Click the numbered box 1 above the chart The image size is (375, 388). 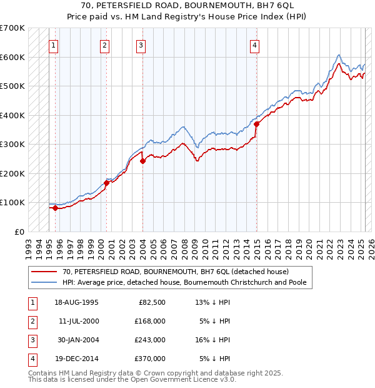point(54,44)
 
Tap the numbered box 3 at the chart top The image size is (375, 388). point(141,44)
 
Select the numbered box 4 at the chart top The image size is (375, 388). point(255,44)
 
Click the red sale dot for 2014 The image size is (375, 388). point(256,124)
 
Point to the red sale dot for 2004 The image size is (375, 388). point(142,161)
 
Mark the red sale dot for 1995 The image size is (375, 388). point(55,208)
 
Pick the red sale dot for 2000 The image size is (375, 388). point(106,183)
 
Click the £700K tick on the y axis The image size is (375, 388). point(12,28)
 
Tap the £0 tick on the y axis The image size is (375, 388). point(19,232)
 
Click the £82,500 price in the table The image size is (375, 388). point(152,302)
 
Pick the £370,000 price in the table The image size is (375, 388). point(149,359)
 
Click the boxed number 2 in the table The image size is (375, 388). point(31,321)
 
